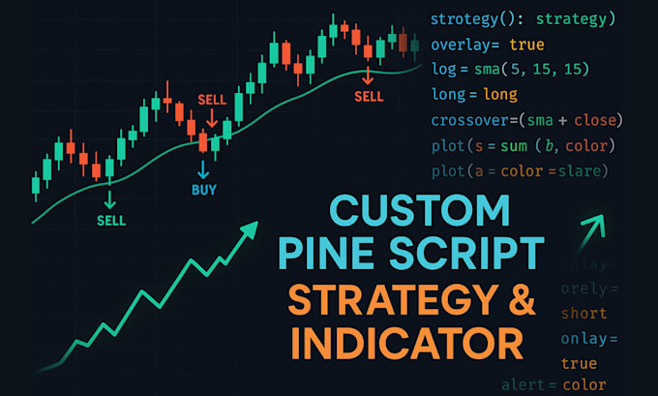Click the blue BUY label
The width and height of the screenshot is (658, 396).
click(x=204, y=190)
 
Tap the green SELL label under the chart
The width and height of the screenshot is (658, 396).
click(x=111, y=220)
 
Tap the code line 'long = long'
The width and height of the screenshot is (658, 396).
click(x=474, y=95)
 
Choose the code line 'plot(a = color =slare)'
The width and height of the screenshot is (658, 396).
click(x=520, y=171)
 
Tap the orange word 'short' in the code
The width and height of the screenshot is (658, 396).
click(x=584, y=313)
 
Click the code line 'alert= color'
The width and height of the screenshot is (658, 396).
click(x=554, y=385)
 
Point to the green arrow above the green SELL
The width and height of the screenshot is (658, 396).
click(x=110, y=198)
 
